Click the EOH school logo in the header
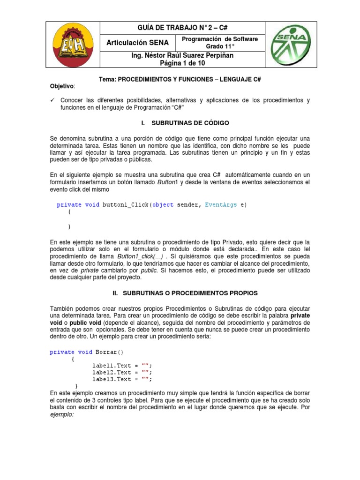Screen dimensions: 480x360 pos(75,45)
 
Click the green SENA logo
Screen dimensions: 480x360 pos(285,45)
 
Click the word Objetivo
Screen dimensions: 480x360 pos(62,87)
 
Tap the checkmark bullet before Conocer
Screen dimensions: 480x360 pos(52,100)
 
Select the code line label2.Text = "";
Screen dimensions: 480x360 pos(122,372)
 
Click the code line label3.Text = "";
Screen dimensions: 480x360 pos(122,379)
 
